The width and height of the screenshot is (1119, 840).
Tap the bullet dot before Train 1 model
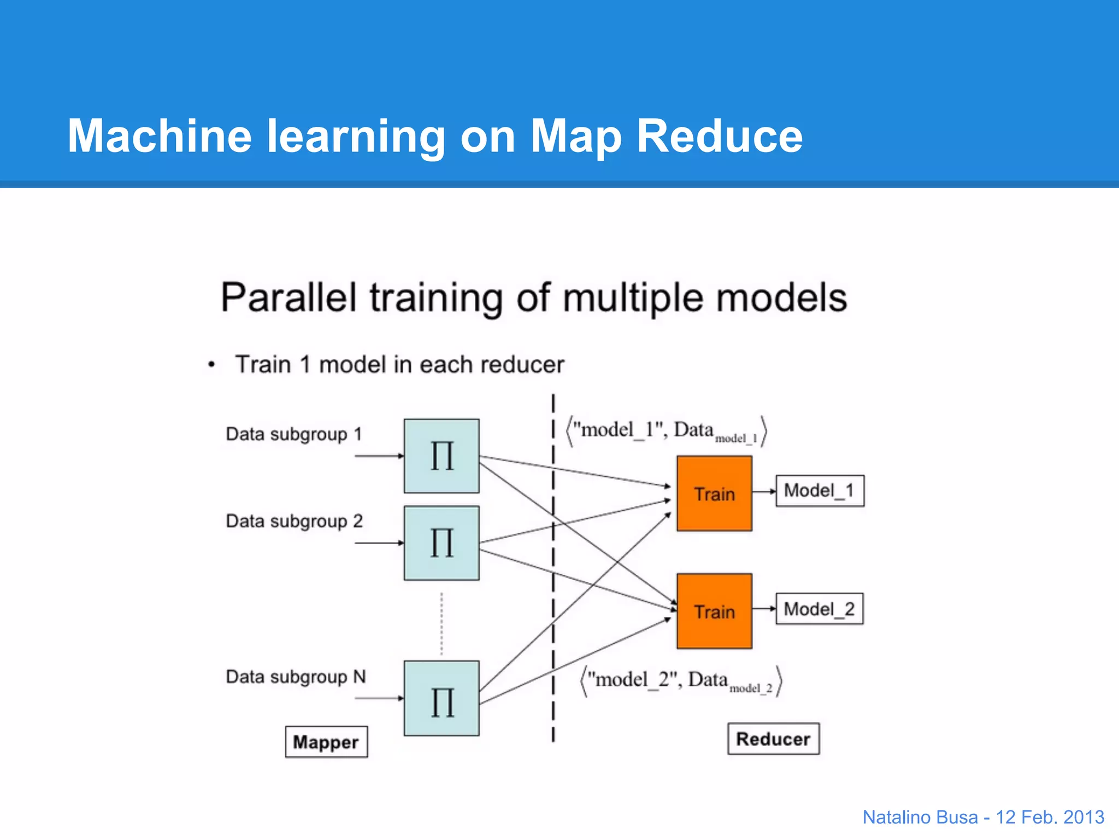[211, 365]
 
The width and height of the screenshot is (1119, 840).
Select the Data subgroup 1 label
[294, 434]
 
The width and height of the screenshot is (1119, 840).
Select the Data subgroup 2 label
[294, 521]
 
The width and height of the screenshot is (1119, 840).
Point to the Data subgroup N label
[296, 677]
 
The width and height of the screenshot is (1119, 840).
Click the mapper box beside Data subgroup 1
[441, 456]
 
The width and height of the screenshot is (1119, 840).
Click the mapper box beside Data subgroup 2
[441, 543]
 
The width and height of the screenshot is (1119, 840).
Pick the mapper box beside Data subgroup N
[441, 698]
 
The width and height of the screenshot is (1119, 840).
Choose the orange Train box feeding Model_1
[714, 493]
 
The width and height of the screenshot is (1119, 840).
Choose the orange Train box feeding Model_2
[714, 611]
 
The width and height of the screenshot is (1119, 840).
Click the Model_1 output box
[820, 491]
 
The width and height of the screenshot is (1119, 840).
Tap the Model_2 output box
[820, 609]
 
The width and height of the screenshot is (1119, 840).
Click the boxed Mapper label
[326, 742]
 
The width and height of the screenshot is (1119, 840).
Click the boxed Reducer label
[773, 739]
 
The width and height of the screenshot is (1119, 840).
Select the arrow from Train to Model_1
[764, 492]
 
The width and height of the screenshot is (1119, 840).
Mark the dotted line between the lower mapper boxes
[441, 623]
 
